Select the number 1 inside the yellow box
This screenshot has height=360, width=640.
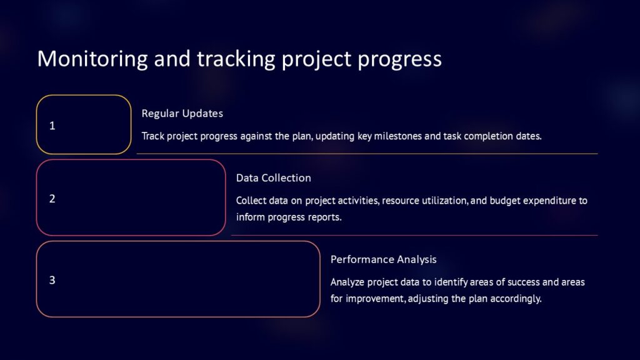point(52,126)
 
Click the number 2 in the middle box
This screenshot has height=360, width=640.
point(52,199)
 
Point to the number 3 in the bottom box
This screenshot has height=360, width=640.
point(52,280)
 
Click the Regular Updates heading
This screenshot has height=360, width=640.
point(182,114)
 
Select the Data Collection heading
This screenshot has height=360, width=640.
point(273,178)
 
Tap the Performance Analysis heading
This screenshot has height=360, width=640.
point(383,259)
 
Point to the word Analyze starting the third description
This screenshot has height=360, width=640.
point(348,282)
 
